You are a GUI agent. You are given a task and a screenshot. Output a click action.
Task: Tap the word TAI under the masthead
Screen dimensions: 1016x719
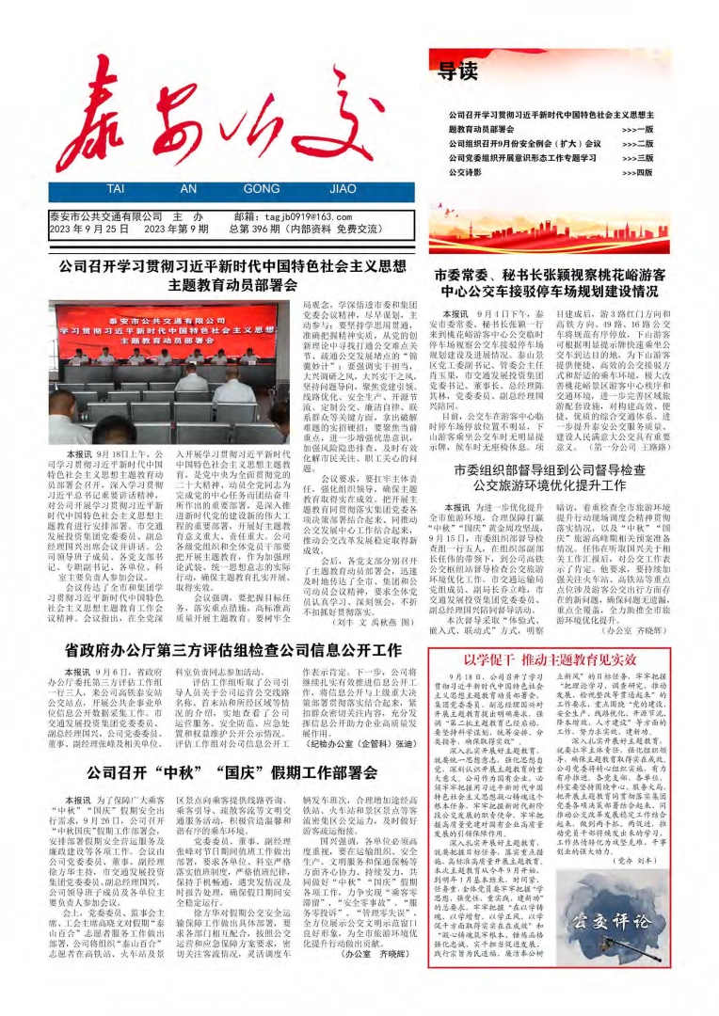pos(115,188)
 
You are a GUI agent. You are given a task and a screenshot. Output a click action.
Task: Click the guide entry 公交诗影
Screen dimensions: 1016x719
pos(465,173)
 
